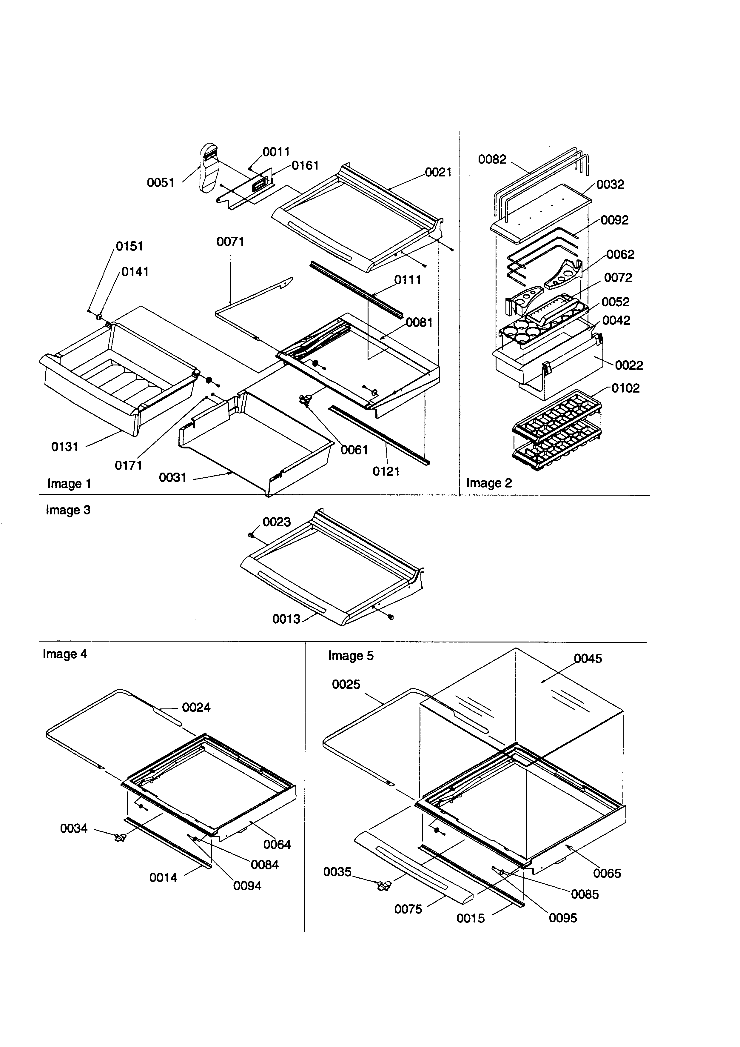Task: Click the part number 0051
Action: [x=161, y=183]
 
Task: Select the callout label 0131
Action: [x=65, y=447]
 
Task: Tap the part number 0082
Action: [x=492, y=160]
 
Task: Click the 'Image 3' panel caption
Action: [x=68, y=510]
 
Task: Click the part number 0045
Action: [x=588, y=659]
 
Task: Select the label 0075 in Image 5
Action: [x=408, y=909]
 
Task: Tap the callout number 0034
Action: [x=74, y=828]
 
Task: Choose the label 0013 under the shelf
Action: [x=286, y=619]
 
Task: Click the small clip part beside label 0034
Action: [x=120, y=837]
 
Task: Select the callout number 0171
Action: [x=129, y=466]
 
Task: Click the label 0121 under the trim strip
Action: [x=386, y=471]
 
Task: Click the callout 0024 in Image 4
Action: [x=196, y=708]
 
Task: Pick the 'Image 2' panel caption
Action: [x=489, y=483]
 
